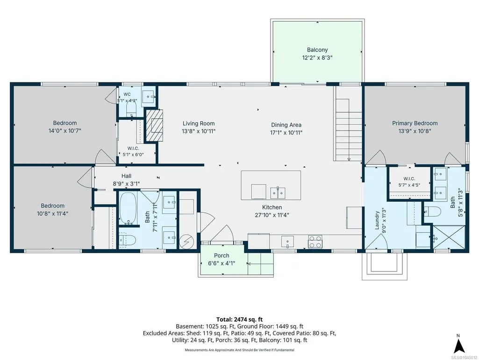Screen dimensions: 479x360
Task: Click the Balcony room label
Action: click(317, 50)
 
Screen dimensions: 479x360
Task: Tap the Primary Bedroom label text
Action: click(415, 123)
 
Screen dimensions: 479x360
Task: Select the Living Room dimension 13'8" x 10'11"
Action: click(199, 132)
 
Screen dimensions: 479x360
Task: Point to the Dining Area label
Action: click(286, 125)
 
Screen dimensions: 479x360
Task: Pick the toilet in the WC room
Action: click(131, 108)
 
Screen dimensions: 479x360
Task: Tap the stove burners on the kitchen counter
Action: click(315, 242)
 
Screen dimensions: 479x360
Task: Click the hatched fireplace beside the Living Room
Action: click(154, 125)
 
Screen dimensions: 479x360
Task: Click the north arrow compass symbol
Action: click(459, 345)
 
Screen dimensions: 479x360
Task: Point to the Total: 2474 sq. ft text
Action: click(239, 320)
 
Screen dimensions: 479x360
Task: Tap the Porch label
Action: click(222, 256)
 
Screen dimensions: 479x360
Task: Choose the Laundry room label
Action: click(377, 220)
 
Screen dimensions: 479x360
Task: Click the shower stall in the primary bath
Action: click(449, 237)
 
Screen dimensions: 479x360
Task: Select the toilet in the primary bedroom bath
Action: click(433, 211)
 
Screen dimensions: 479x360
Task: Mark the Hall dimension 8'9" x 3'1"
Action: click(127, 184)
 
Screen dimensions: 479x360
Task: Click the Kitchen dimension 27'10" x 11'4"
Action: click(272, 215)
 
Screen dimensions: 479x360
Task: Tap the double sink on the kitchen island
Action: click(278, 193)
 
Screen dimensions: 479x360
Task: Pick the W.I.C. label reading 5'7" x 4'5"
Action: click(409, 185)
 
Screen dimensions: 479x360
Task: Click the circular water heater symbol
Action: click(186, 242)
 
